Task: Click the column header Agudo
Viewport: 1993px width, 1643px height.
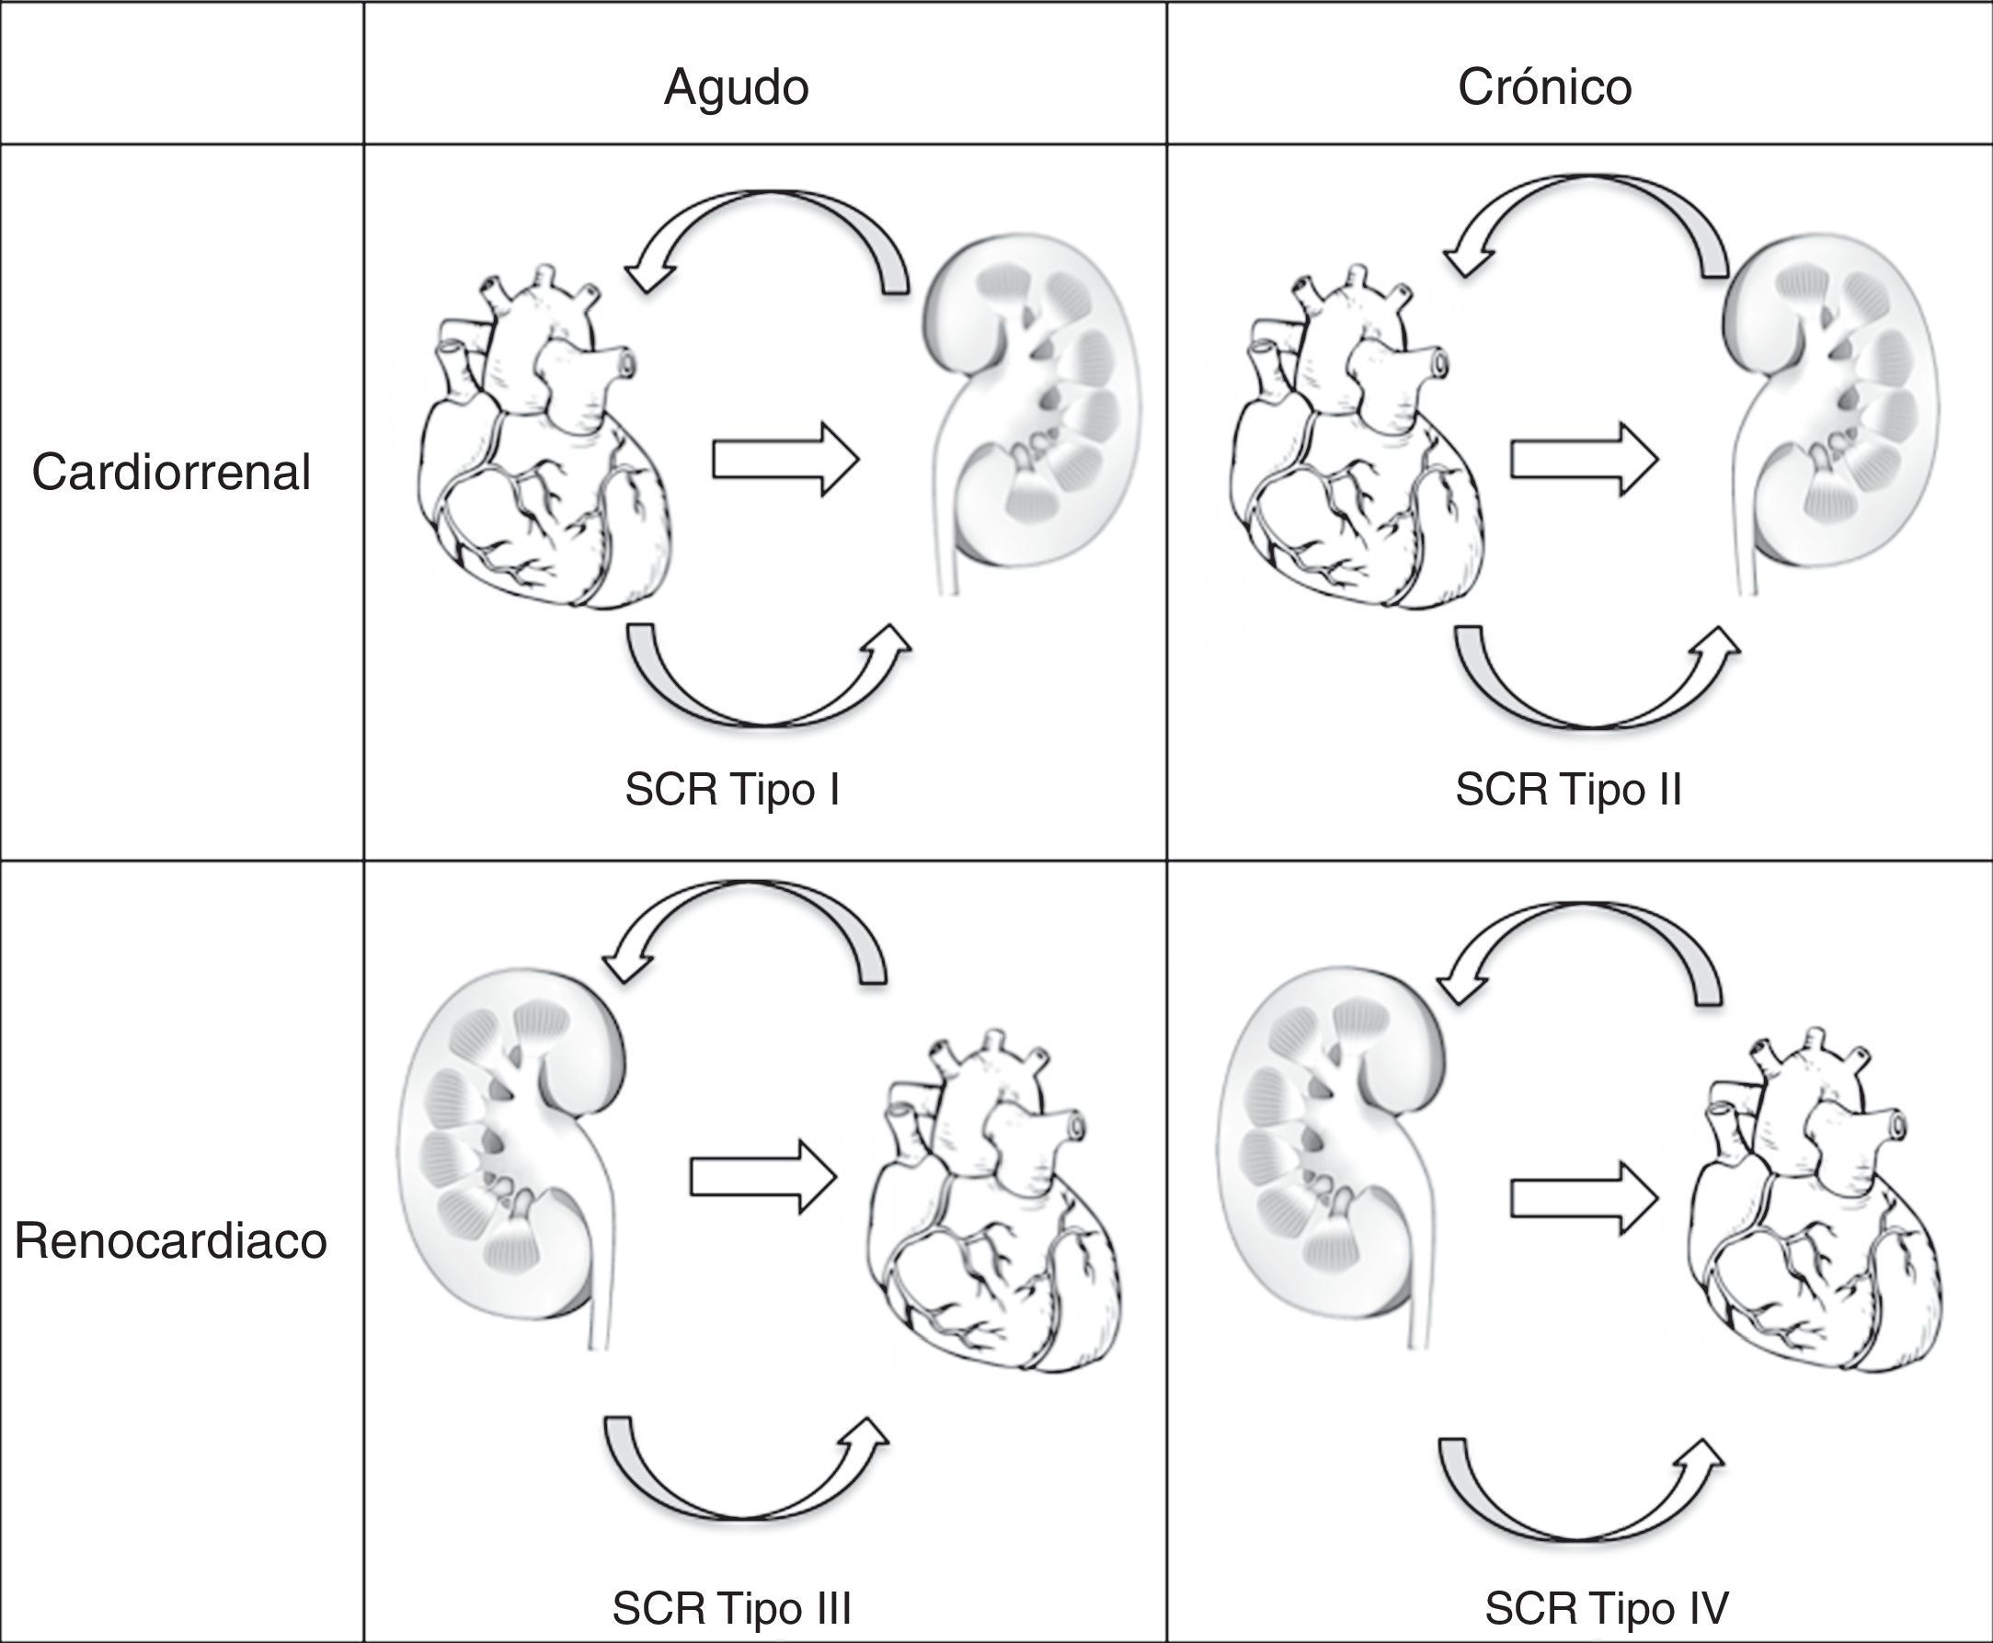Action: point(736,87)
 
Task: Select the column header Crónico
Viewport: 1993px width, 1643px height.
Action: point(1544,87)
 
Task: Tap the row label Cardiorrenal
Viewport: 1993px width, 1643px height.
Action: point(170,473)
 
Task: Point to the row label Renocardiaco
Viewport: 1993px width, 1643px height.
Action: point(170,1241)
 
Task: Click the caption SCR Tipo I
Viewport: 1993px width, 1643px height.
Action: point(732,790)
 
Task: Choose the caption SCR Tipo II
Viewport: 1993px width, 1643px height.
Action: point(1568,790)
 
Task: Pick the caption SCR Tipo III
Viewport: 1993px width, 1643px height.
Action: point(732,1607)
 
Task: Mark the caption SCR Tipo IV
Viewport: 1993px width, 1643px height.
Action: point(1606,1607)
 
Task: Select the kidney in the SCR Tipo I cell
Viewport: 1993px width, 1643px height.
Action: point(1032,407)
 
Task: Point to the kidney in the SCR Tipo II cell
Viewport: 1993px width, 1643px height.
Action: point(1832,407)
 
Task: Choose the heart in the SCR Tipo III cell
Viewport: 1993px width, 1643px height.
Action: point(994,1221)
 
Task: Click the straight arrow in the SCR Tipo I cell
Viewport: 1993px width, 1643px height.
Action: point(785,460)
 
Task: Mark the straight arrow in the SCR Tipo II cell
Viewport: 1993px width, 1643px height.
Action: point(1583,460)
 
